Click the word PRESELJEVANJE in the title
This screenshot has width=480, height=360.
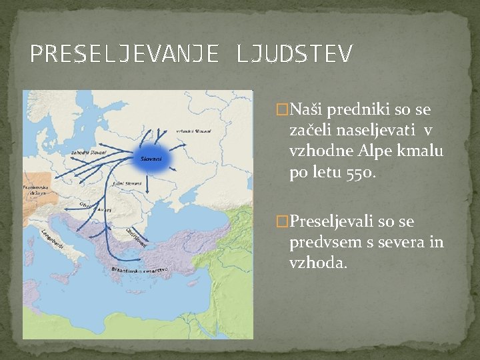[x=124, y=54]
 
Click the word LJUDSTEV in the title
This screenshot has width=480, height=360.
[x=293, y=54]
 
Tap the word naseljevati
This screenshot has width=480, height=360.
[x=377, y=129]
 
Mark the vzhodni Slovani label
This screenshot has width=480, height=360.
[x=193, y=131]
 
